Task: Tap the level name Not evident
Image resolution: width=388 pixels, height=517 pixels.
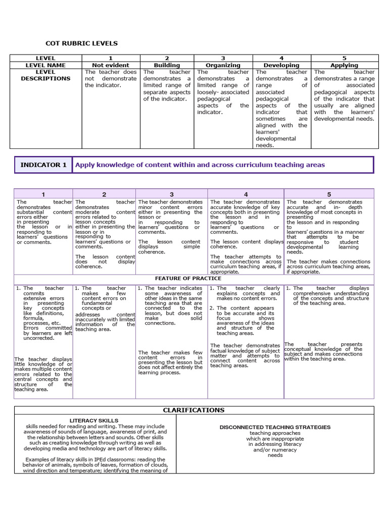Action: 111,65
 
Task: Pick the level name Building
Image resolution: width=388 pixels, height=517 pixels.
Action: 167,65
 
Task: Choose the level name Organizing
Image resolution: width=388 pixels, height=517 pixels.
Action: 223,65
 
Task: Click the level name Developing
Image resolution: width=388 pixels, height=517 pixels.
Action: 281,65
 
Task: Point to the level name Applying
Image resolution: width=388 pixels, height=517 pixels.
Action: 344,65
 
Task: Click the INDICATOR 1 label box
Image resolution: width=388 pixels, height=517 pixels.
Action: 43,165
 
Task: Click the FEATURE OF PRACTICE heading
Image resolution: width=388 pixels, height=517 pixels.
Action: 188,279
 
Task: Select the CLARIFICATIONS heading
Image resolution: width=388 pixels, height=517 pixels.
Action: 193,410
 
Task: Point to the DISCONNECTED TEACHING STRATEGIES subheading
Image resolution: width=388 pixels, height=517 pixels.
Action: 275,427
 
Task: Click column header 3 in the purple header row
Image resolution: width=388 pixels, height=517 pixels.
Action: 172,194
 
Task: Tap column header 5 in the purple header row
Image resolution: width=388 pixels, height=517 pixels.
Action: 329,194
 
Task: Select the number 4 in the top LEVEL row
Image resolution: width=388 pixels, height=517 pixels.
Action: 281,58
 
